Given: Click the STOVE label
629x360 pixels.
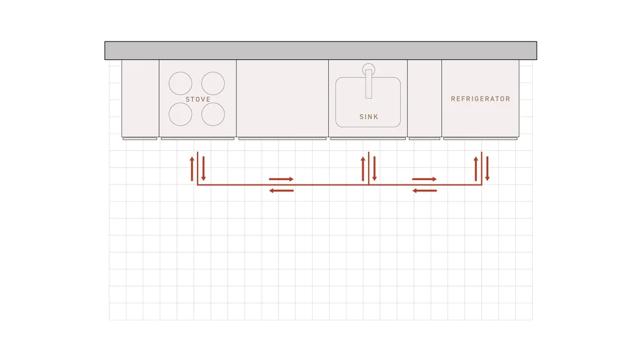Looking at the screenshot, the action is tap(198, 99).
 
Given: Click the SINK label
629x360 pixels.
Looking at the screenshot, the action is tap(369, 117).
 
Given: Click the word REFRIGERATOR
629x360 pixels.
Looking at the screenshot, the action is tap(481, 99).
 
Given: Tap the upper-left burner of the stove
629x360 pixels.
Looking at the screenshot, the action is tap(180, 82).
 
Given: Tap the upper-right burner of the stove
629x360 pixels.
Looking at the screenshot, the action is tap(213, 82).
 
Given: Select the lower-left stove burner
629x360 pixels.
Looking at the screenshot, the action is tap(180, 113).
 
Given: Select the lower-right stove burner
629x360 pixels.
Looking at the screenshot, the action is tap(213, 113).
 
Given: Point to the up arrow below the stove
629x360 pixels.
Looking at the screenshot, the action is tap(192, 169).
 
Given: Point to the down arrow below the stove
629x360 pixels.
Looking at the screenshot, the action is tap(203, 169).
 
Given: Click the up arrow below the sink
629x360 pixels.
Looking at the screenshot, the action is tap(363, 169).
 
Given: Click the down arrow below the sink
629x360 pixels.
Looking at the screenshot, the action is tap(374, 169).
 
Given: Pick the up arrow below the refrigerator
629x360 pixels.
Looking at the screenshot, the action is tap(476, 169).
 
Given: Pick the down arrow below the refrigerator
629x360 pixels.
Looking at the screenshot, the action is tap(487, 169).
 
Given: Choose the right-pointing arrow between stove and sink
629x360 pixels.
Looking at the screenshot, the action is tap(281, 179).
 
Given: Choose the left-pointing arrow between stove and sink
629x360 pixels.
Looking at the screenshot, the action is tap(281, 190).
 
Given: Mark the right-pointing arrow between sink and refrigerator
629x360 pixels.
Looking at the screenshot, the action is tap(425, 179).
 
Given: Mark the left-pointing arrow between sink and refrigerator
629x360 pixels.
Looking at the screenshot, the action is tap(425, 190).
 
